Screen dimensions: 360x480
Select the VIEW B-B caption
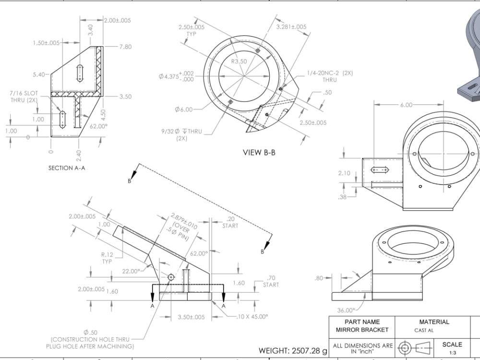pyautogui.click(x=259, y=153)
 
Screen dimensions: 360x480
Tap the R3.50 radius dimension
pyautogui.click(x=239, y=61)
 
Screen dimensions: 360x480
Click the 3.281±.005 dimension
pyautogui.click(x=291, y=27)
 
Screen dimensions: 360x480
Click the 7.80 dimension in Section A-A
pyautogui.click(x=125, y=47)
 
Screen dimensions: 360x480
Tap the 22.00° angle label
pyautogui.click(x=132, y=271)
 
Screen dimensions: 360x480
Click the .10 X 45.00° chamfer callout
pyautogui.click(x=252, y=316)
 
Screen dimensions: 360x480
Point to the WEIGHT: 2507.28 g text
pyautogui.click(x=293, y=351)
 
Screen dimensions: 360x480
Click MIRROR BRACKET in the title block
pyautogui.click(x=362, y=330)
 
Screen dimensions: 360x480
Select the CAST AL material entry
pyautogui.click(x=424, y=330)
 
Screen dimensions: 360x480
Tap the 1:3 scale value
pyautogui.click(x=452, y=352)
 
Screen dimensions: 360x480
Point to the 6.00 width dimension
pyautogui.click(x=406, y=105)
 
